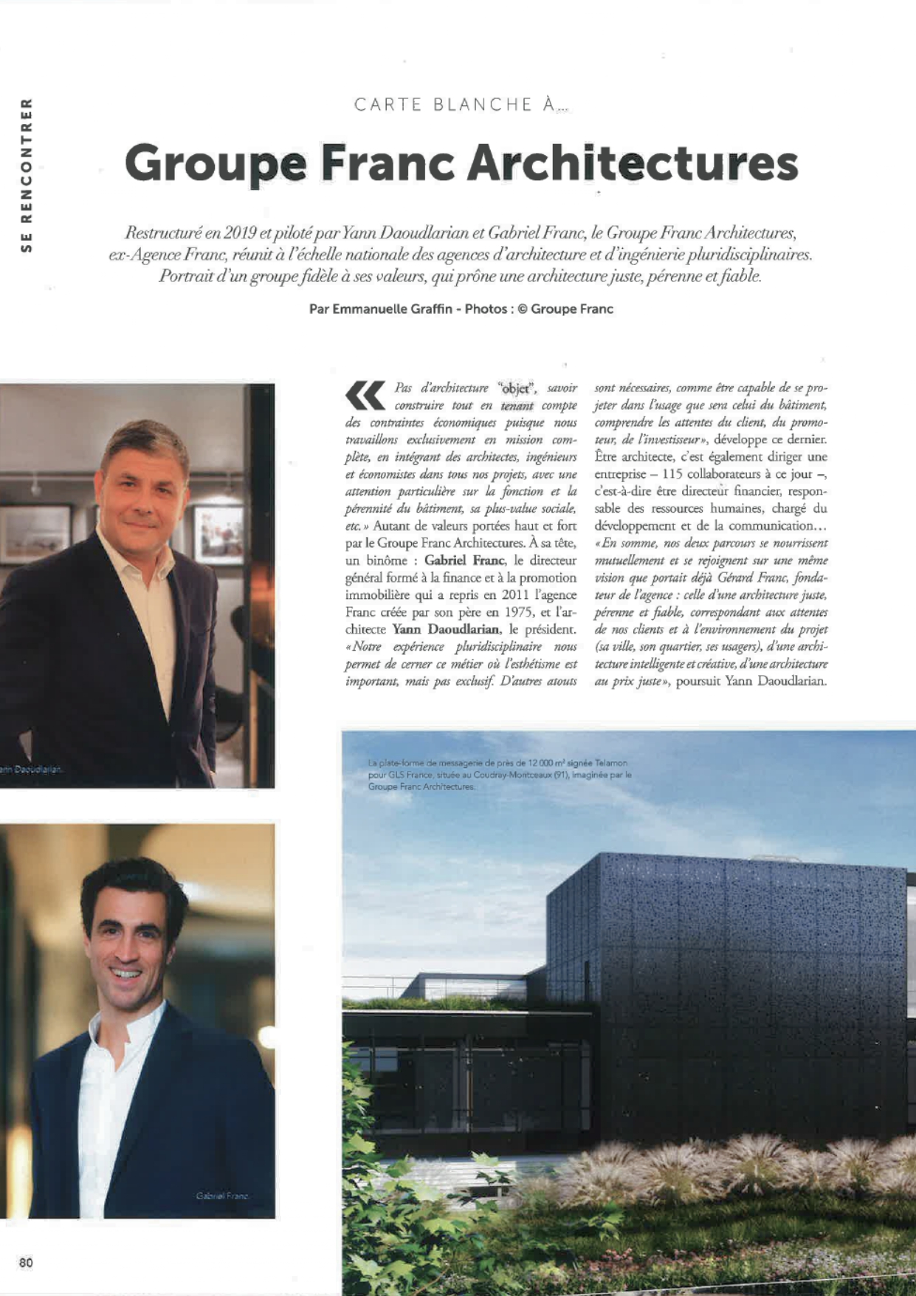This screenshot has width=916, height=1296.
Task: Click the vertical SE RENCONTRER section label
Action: click(27, 176)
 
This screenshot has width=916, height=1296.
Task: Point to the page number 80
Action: click(26, 1262)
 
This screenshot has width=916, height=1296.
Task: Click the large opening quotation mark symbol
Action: click(365, 395)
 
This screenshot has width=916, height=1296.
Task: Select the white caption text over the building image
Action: click(499, 775)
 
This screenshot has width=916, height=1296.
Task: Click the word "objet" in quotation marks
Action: click(516, 388)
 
